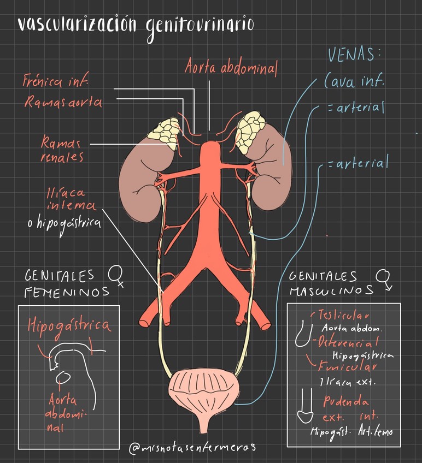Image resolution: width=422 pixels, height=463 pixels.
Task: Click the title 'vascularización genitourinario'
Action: pyautogui.click(x=134, y=24)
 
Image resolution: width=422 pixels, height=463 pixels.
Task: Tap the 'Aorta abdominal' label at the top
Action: pyautogui.click(x=231, y=68)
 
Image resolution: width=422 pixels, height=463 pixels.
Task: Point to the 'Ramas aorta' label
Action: pyautogui.click(x=63, y=102)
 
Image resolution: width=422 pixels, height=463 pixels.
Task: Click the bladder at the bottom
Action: pyautogui.click(x=203, y=392)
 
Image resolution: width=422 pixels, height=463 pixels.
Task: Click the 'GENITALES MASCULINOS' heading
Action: pyautogui.click(x=331, y=283)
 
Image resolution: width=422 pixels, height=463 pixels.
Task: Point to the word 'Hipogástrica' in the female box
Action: pyautogui.click(x=69, y=326)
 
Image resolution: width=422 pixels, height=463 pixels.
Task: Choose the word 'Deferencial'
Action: pyautogui.click(x=348, y=343)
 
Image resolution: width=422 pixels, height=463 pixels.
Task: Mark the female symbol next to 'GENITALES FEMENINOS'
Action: pyautogui.click(x=116, y=276)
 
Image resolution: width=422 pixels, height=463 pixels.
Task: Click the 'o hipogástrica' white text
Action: pyautogui.click(x=64, y=223)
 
